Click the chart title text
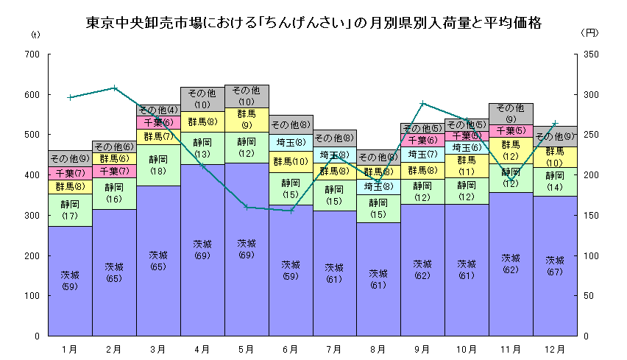tap(313, 23)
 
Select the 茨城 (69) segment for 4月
tap(202, 250)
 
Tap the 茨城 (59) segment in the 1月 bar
tap(70, 280)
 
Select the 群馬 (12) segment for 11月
tap(511, 151)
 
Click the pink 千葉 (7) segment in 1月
tap(70, 173)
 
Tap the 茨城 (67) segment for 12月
tap(555, 266)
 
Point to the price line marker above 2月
tap(114, 88)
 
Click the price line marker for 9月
tap(422, 103)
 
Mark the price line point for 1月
tap(70, 97)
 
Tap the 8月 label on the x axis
tap(378, 347)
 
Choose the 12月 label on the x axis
tap(555, 347)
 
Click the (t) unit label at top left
tap(35, 35)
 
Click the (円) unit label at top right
tap(591, 33)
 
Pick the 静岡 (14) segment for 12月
tap(555, 182)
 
